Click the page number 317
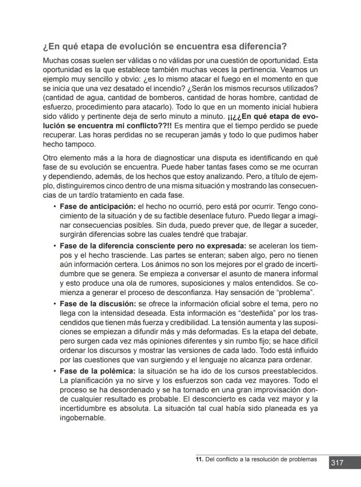[337, 463]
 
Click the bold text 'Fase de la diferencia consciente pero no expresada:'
[153, 246]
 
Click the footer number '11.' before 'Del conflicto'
[199, 459]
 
